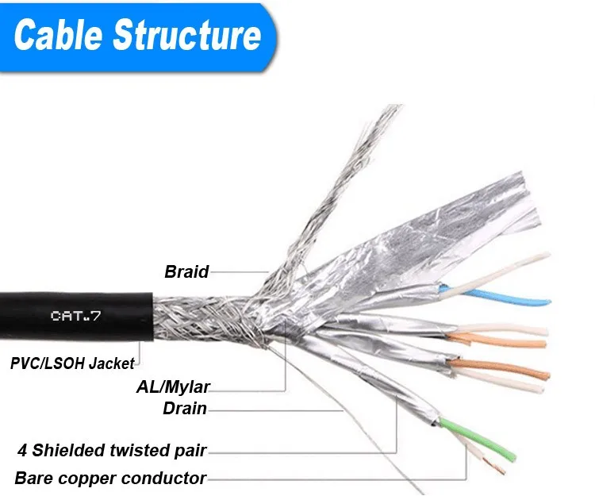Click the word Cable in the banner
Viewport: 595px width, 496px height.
pos(59,35)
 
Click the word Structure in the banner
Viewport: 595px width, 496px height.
pos(187,35)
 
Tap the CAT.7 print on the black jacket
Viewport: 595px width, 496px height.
pos(76,316)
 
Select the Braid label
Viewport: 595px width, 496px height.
pos(186,271)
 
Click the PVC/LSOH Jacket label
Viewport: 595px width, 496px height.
pos(72,363)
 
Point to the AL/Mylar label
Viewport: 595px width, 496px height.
pos(173,387)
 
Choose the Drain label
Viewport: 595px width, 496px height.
pos(185,409)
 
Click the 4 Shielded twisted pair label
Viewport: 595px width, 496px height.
pos(112,451)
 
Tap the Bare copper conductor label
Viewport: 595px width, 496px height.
pos(110,479)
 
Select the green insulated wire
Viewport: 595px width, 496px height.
pos(479,437)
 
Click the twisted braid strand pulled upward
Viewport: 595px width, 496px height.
pos(341,183)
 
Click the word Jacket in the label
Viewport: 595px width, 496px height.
pos(111,363)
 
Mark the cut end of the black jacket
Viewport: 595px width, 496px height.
pos(152,316)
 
